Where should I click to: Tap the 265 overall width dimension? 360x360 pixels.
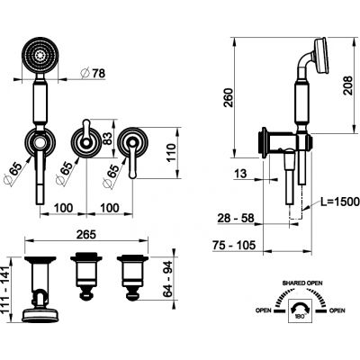click(x=86, y=235)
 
